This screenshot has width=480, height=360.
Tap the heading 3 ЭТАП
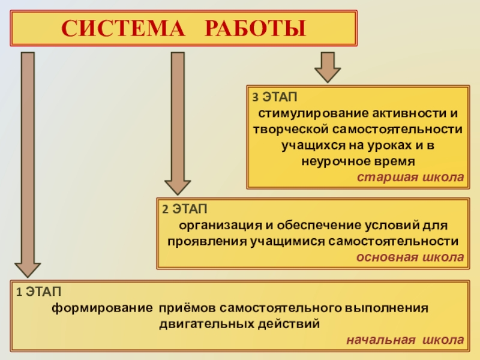[x=274, y=97]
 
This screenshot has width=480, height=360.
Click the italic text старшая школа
[x=410, y=178]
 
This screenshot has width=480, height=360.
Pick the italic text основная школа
[x=410, y=257]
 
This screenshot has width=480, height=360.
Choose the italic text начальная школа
[x=404, y=340]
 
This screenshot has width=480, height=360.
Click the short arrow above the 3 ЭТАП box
[x=327, y=67]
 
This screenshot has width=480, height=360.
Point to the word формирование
[x=102, y=308]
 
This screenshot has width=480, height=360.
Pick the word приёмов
[x=187, y=308]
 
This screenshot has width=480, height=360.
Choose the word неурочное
[x=329, y=161]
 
